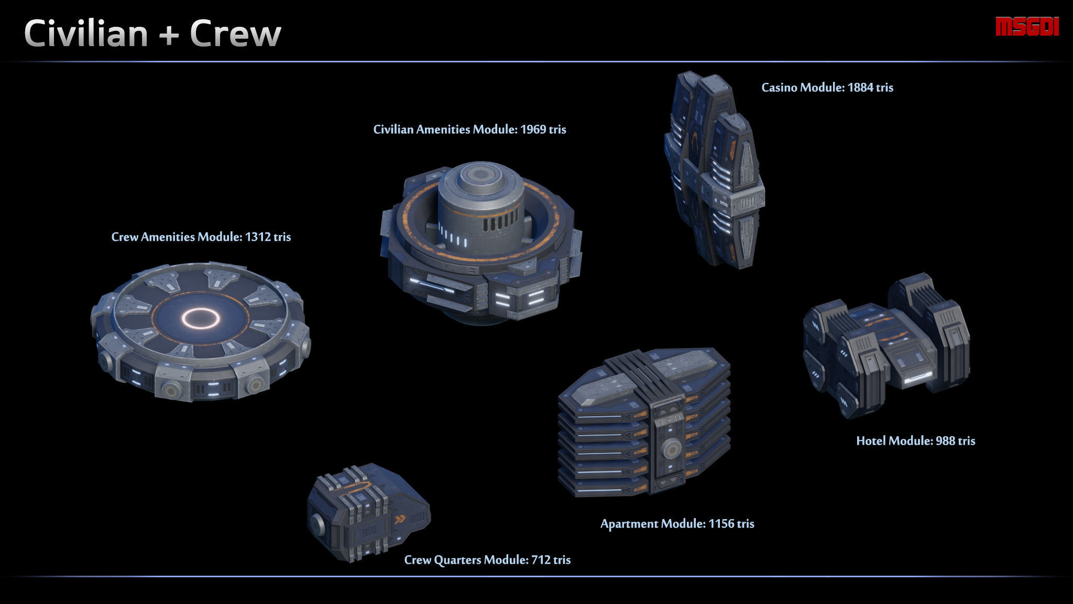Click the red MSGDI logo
click(1027, 27)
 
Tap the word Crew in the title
click(235, 34)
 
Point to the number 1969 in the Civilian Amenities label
click(533, 130)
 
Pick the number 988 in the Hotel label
click(945, 441)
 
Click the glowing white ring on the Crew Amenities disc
click(200, 318)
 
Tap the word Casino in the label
click(779, 88)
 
